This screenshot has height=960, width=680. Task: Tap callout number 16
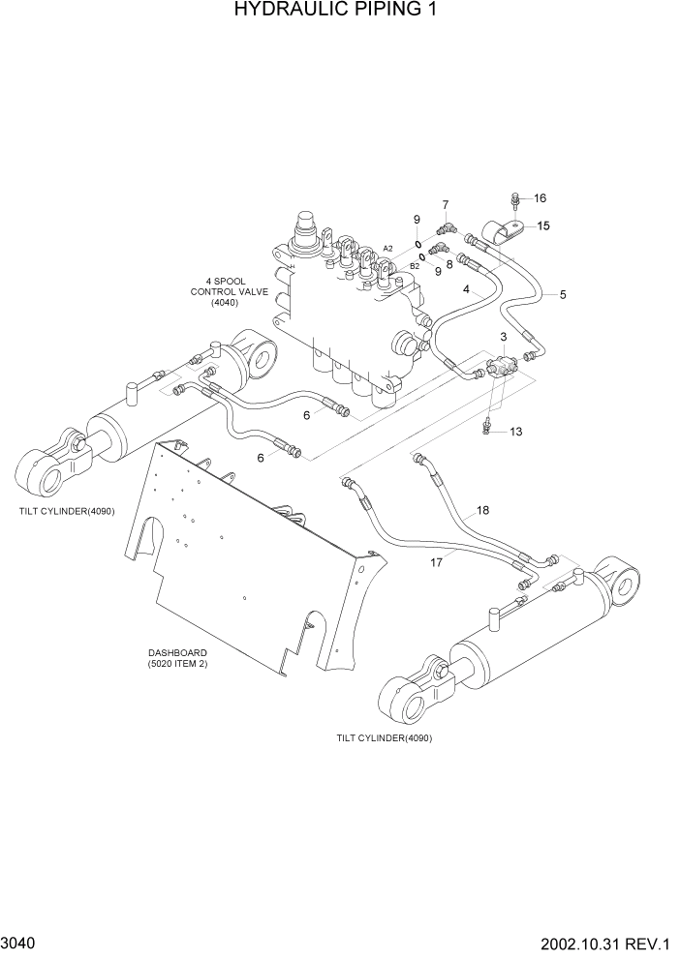click(x=540, y=198)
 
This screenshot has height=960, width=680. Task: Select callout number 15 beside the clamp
click(x=543, y=225)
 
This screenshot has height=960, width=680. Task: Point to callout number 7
click(x=446, y=204)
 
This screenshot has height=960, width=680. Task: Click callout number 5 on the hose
click(x=563, y=294)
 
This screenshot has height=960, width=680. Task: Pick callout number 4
click(x=466, y=289)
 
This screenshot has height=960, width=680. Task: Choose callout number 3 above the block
click(x=504, y=336)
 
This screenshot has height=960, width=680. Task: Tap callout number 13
click(x=515, y=432)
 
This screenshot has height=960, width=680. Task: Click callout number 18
click(x=482, y=509)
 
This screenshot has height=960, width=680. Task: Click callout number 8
click(x=449, y=263)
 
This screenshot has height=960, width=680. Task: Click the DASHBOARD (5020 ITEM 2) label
click(x=178, y=659)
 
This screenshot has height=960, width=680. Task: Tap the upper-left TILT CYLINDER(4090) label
click(x=65, y=511)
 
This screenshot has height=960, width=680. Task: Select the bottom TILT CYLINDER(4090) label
click(x=384, y=737)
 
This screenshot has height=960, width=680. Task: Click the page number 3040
click(x=20, y=942)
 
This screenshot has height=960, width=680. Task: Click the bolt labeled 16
click(x=515, y=202)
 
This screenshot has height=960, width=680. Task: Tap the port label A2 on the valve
click(x=387, y=249)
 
